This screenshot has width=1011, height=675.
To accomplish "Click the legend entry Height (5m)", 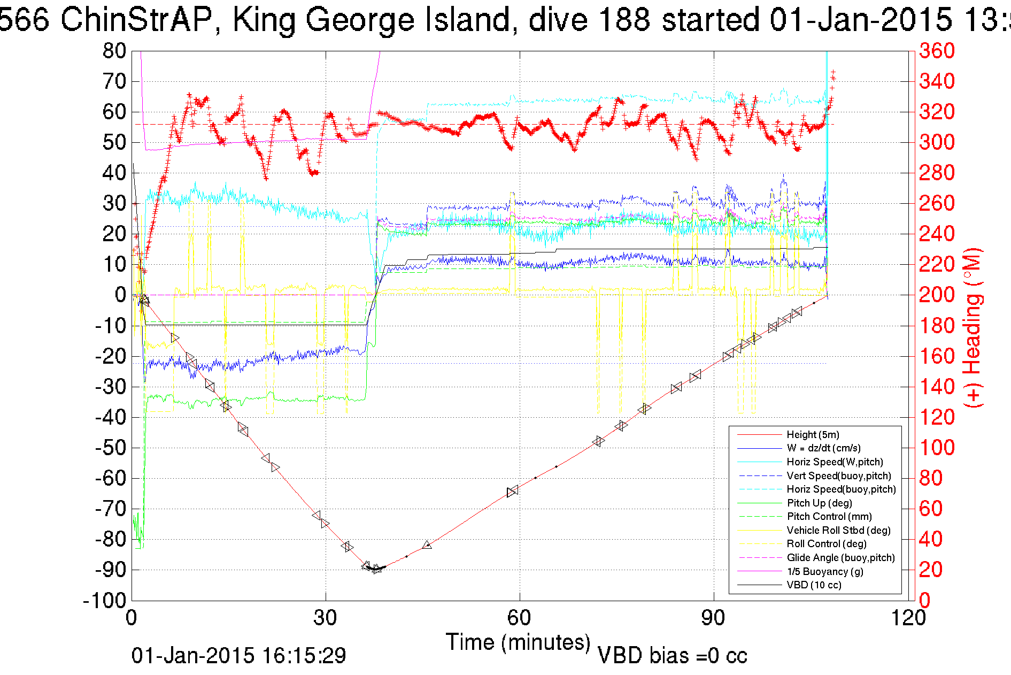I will (x=813, y=434).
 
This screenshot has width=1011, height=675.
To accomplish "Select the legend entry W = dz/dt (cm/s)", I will (x=823, y=448).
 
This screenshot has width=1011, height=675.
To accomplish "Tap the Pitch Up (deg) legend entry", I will (x=819, y=503).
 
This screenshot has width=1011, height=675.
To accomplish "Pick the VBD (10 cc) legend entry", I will (x=814, y=585).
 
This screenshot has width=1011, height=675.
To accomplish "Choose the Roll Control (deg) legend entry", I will (x=827, y=544).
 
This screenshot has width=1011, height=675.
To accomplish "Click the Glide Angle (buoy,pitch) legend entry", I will (x=840, y=558).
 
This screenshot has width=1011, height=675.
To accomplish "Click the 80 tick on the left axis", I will (x=114, y=51).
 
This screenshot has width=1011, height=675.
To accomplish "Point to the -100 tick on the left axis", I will (x=104, y=601).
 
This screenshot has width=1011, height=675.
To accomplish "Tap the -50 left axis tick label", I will (x=111, y=448).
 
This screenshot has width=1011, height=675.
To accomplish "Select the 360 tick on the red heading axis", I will (x=937, y=51).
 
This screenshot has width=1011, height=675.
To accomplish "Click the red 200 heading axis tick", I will (x=937, y=295).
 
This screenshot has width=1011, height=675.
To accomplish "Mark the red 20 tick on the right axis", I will (x=930, y=570).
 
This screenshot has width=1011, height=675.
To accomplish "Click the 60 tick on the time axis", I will (x=519, y=618).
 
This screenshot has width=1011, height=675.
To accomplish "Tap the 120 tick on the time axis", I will (x=908, y=618).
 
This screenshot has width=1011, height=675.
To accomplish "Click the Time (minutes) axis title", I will (x=518, y=642).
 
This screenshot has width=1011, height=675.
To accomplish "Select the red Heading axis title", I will (x=973, y=327).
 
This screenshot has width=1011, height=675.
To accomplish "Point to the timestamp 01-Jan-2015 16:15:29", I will (x=238, y=656).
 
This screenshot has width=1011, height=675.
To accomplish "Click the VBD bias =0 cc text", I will (x=672, y=656).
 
